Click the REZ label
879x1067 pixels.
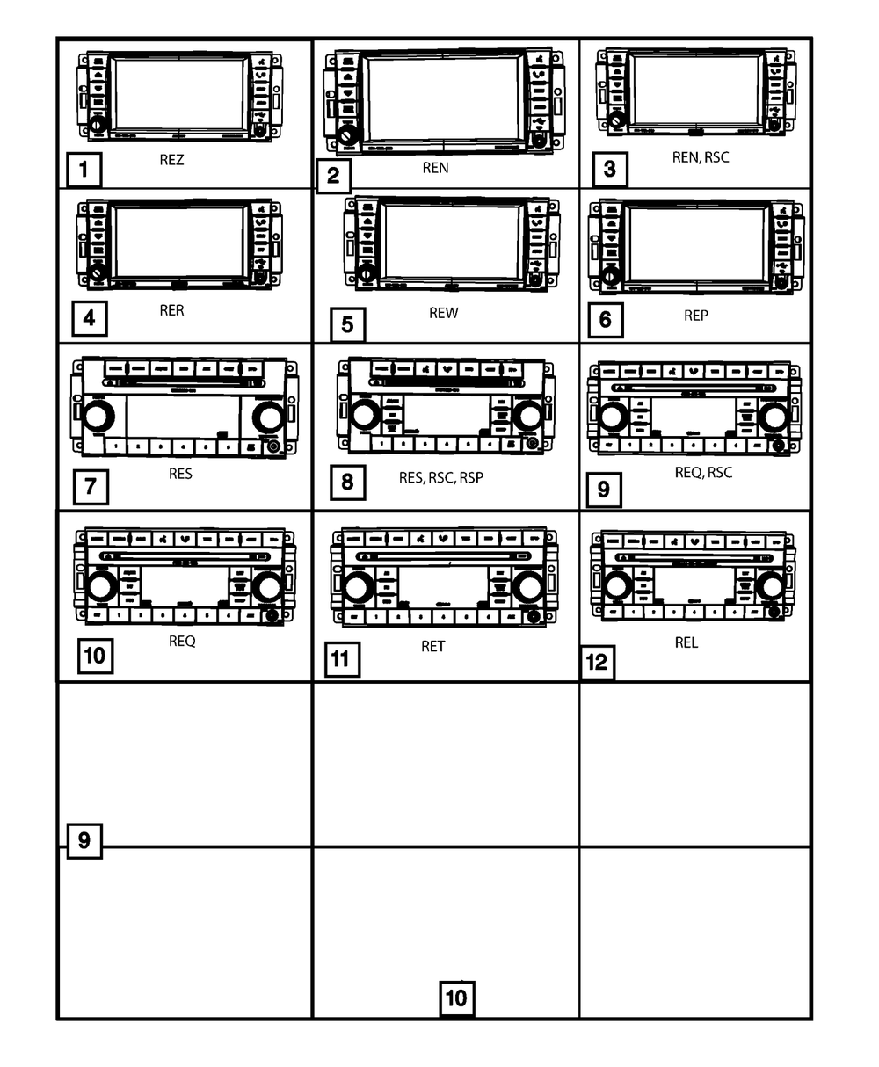tap(171, 161)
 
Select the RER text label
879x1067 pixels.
tap(171, 310)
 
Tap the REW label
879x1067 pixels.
tap(443, 313)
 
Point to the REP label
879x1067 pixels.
tap(695, 315)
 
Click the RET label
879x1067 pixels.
tap(432, 646)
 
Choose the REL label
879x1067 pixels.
tap(686, 642)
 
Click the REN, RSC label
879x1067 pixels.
tap(700, 157)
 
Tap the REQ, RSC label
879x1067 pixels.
tap(703, 472)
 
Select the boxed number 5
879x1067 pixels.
tap(347, 325)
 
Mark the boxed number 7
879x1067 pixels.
tap(91, 486)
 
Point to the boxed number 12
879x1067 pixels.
tap(596, 662)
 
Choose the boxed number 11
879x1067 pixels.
tap(341, 659)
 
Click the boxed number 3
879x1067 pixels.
tap(610, 169)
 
